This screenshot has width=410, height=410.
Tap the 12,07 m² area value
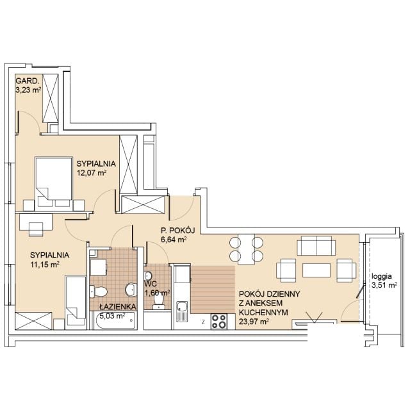click(x=91, y=172)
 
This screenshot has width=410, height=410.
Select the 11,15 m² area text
click(x=45, y=265)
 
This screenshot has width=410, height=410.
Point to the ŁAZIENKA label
click(x=118, y=306)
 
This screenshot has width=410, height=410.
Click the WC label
click(x=151, y=284)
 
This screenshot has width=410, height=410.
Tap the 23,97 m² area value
click(x=254, y=322)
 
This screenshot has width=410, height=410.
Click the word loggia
click(x=382, y=277)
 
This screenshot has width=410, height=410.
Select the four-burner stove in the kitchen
click(x=219, y=322)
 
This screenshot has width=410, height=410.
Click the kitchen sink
click(x=182, y=311)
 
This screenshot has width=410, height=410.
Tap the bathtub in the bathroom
click(x=115, y=320)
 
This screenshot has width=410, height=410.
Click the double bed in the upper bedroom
click(x=54, y=184)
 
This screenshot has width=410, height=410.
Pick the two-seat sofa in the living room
click(x=316, y=245)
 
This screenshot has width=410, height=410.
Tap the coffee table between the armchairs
click(x=316, y=270)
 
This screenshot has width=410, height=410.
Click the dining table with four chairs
click(x=246, y=249)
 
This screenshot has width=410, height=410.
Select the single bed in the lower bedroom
click(x=76, y=302)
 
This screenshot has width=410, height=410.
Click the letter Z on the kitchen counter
click(x=203, y=322)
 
